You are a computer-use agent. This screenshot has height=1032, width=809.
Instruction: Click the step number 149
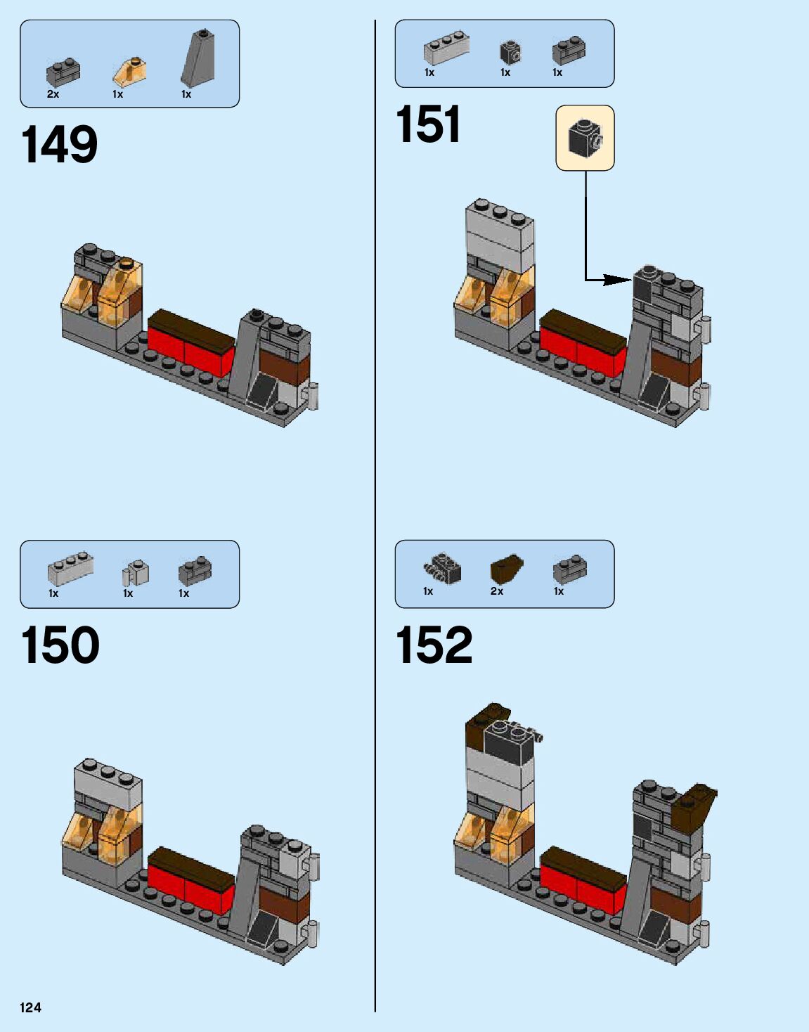60,146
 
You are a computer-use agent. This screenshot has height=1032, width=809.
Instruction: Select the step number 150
60,645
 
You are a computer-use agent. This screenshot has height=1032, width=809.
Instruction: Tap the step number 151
428,124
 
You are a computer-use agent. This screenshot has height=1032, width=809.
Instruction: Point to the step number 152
434,645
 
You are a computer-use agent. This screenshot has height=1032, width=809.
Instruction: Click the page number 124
30,1007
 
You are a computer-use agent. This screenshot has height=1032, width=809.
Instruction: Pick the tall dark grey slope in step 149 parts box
198,58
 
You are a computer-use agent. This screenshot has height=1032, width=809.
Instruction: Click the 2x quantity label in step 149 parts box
53,94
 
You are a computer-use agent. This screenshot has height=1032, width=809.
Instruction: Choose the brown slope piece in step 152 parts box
506,569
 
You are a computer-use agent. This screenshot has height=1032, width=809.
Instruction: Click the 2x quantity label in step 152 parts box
496,591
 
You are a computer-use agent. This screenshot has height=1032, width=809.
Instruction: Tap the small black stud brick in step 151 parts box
510,52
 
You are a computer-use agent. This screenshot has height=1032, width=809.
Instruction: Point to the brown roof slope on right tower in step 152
694,806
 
